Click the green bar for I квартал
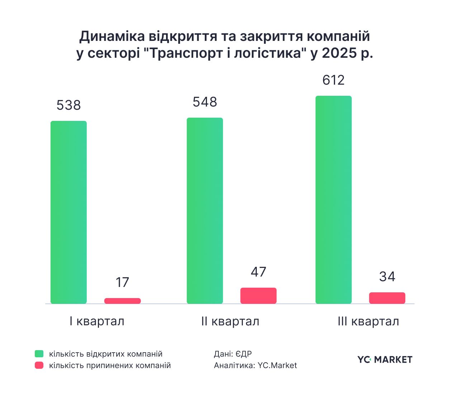pos(68,212)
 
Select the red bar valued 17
pos(122,301)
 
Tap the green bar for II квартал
pos(205,211)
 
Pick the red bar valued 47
pos(258,296)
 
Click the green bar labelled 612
pos(334,200)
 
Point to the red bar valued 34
pos(387,298)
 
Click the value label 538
pos(68,105)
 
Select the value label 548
pos(205,102)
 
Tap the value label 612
pos(334,80)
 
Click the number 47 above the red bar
pos(258,272)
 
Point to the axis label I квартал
pos(97,321)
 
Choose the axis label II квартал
pos(230,321)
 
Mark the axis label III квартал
pos(368,321)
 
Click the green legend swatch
pos(39,354)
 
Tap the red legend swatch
pos(39,365)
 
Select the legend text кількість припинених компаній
pos(110,365)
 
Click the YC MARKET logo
pos(384,359)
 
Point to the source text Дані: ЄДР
pos(233,354)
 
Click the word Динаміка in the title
pos(112,36)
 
